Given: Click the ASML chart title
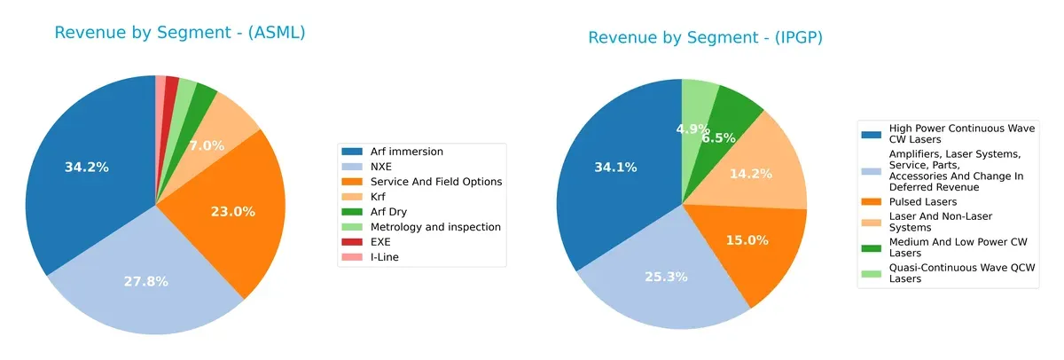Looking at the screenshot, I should (180, 33).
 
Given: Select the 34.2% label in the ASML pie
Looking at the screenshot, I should (87, 167).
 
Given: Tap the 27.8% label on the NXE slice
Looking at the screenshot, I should (146, 281).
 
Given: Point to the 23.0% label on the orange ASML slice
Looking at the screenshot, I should (233, 212).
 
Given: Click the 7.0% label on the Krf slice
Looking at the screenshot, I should (206, 145).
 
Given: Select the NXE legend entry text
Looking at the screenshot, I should (381, 166).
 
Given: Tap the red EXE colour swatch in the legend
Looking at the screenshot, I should (352, 241).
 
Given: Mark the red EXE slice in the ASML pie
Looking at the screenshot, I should (172, 82).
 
